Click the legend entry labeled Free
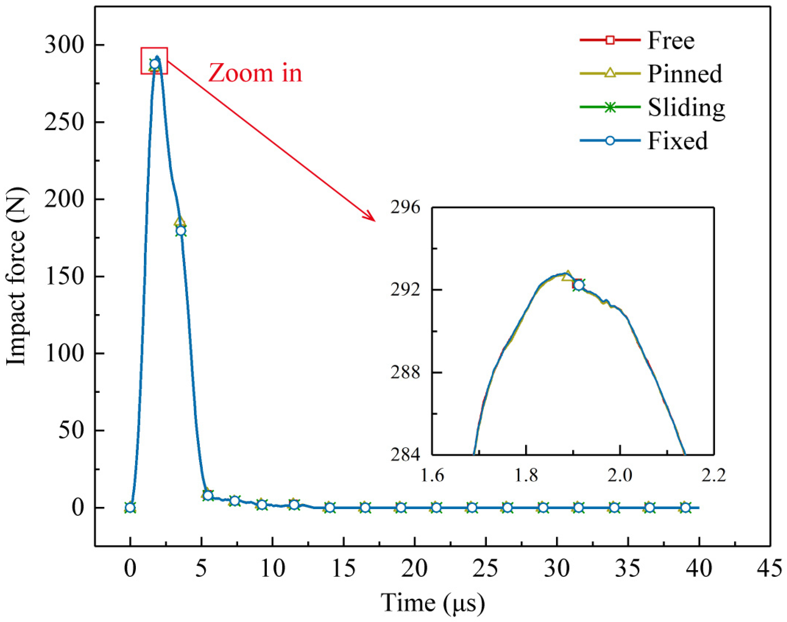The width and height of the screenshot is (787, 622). point(671,40)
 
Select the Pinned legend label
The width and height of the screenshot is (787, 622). point(685,74)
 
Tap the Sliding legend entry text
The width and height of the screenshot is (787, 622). point(686,107)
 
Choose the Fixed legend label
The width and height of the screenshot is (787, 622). point(677,141)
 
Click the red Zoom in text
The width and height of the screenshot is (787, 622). point(255,73)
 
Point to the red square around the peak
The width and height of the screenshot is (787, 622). point(154,61)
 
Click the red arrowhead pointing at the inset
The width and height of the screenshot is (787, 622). point(370,217)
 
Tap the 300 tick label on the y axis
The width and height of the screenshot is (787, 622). point(64,45)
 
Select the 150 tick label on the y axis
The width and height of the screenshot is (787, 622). point(64,276)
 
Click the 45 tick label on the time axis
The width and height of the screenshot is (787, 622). point(769,568)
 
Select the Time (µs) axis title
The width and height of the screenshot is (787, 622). point(433,603)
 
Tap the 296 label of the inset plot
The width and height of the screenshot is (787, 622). point(405,208)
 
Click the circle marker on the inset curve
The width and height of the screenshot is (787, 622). point(579,285)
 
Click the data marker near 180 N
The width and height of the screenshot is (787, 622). point(181,231)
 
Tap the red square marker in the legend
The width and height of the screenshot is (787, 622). point(610,40)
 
